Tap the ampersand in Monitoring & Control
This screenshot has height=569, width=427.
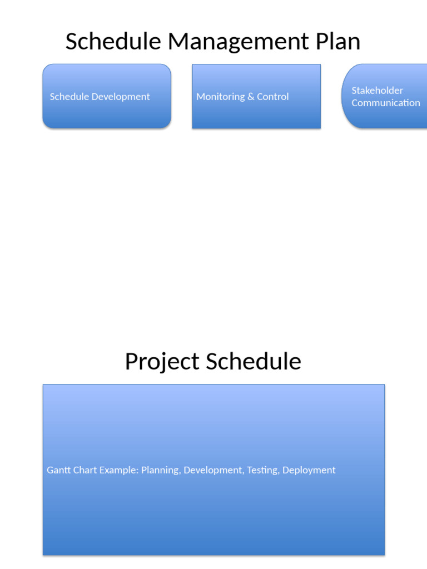click(x=251, y=97)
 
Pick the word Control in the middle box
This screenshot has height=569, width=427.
click(x=273, y=97)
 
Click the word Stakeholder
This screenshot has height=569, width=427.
click(x=377, y=91)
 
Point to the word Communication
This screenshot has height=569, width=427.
click(x=385, y=103)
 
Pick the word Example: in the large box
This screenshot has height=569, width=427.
click(x=119, y=470)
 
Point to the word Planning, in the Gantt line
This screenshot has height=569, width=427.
click(x=161, y=470)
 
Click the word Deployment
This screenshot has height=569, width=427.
click(x=309, y=470)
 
